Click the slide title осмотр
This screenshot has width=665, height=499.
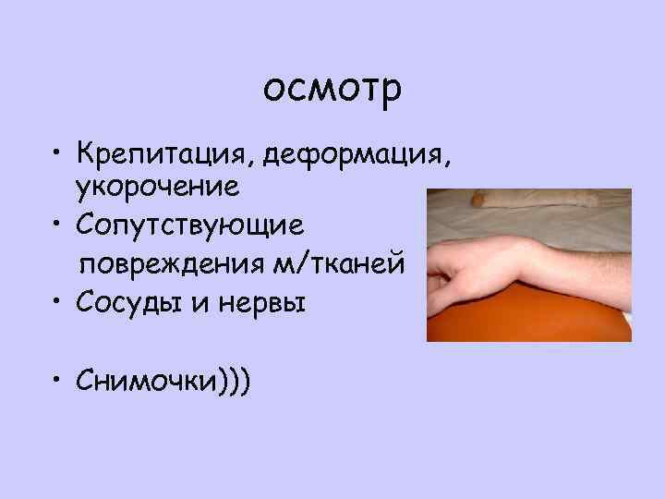pyautogui.click(x=332, y=90)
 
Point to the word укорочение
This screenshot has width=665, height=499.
pyautogui.click(x=158, y=189)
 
